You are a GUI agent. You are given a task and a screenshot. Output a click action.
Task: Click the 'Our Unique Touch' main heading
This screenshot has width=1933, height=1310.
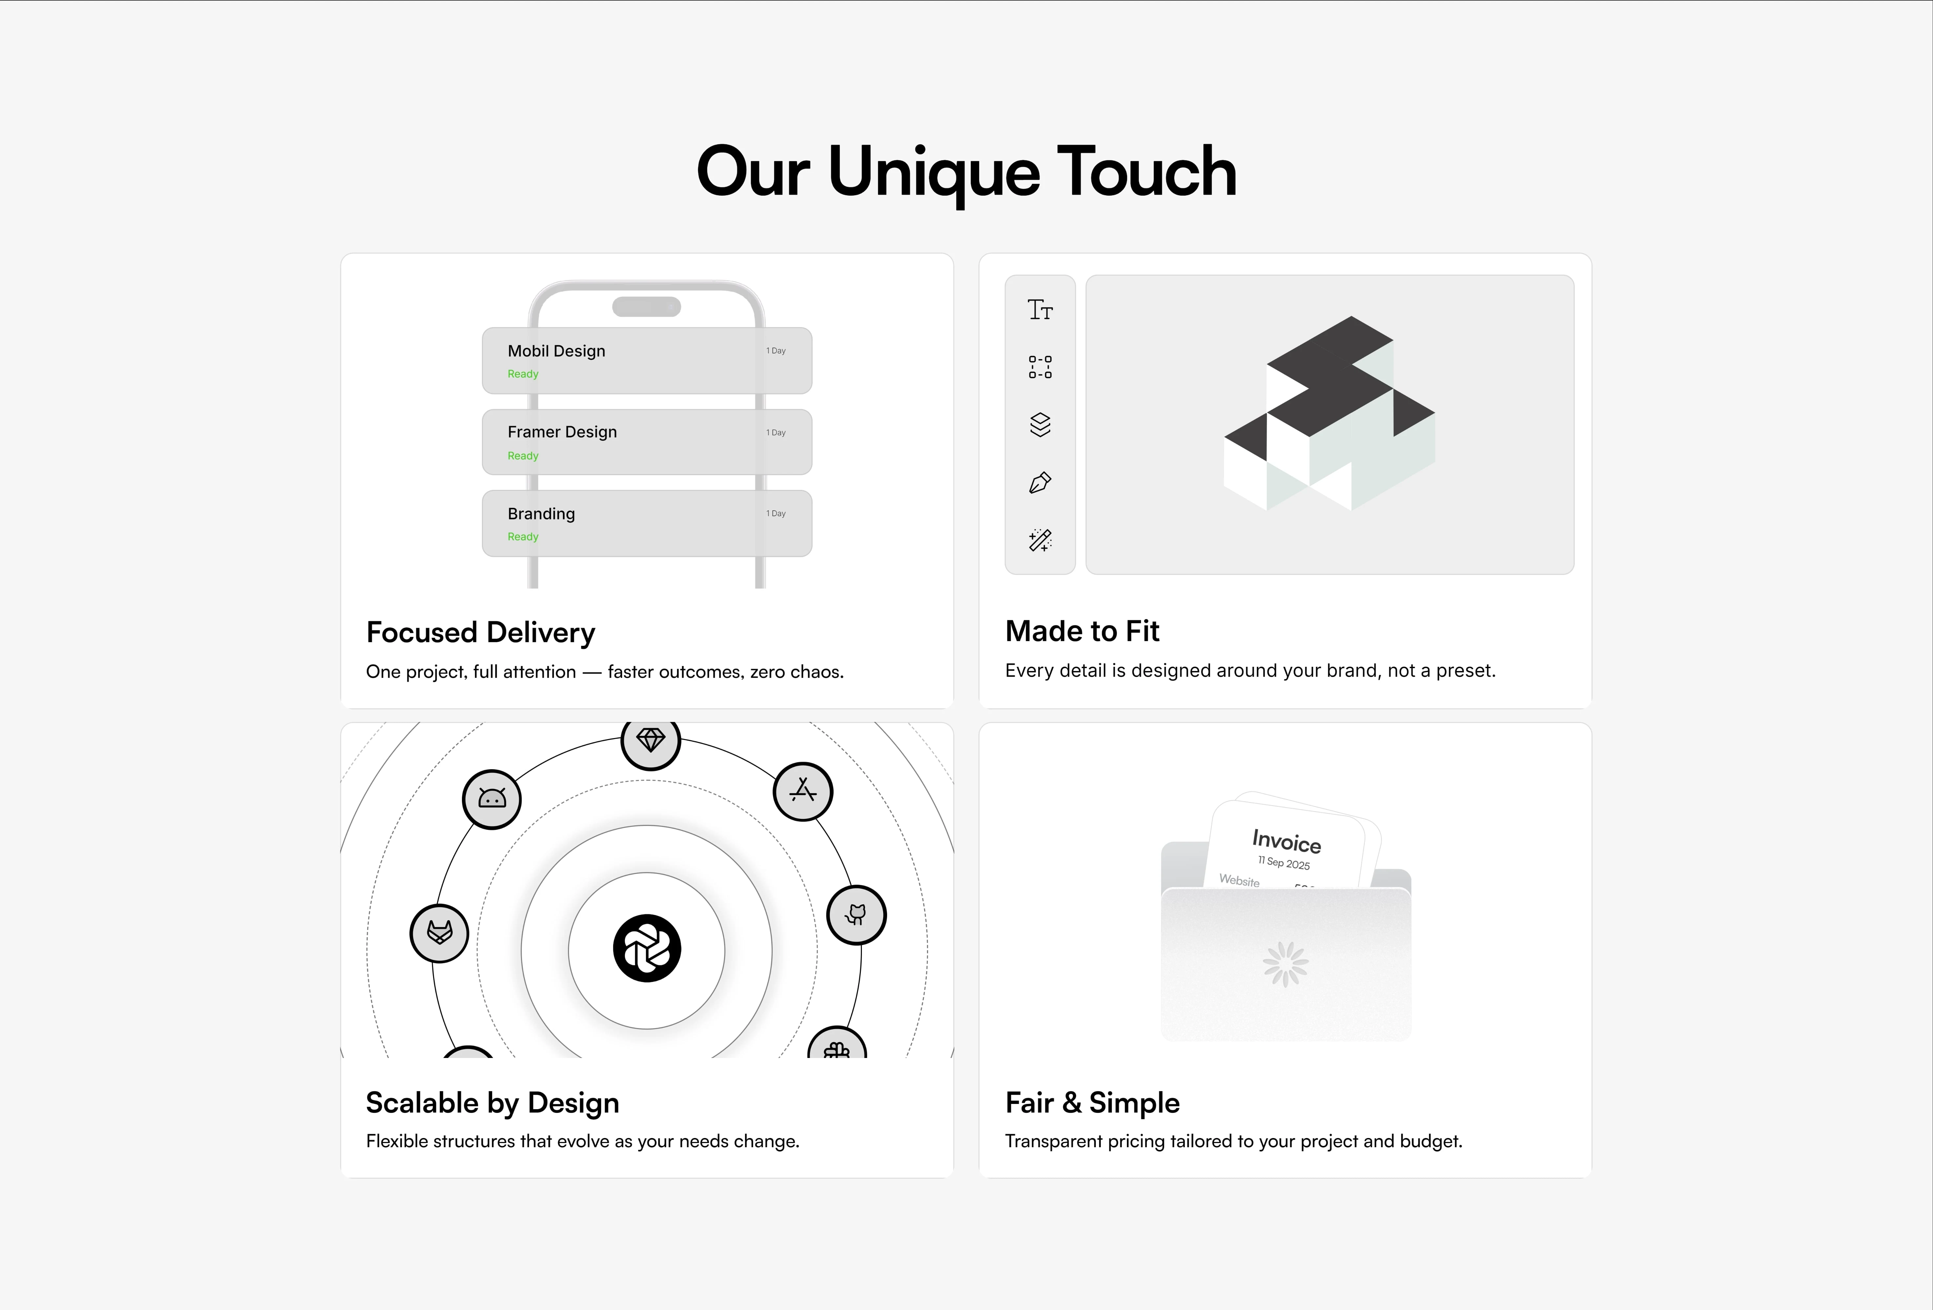pos(966,172)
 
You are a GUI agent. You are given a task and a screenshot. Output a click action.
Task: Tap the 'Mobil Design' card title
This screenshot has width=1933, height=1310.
pos(556,351)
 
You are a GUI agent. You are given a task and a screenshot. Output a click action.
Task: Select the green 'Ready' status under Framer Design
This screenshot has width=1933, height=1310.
pos(523,456)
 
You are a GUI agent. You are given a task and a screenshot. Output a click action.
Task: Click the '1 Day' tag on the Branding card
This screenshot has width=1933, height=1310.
pos(776,513)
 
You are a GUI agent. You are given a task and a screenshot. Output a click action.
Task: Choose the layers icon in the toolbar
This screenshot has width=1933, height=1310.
pos(1041,425)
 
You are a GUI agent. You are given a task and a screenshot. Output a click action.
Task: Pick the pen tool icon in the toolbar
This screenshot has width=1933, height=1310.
pos(1041,482)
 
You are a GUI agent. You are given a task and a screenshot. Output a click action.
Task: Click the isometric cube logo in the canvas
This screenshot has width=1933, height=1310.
pos(1329,413)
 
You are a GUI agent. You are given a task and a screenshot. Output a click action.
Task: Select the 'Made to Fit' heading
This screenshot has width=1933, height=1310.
pos(1082,631)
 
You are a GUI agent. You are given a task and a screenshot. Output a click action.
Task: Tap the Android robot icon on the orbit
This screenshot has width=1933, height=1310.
pos(492,799)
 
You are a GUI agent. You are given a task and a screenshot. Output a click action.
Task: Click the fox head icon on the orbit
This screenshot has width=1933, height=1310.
pos(439,933)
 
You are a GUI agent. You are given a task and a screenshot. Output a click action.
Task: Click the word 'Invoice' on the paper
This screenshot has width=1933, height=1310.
pos(1287,842)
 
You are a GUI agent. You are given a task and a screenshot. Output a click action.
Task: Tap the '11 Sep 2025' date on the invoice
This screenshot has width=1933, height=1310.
pos(1283,862)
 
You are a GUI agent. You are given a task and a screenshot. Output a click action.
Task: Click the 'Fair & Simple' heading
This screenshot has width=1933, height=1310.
pos(1092,1103)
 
